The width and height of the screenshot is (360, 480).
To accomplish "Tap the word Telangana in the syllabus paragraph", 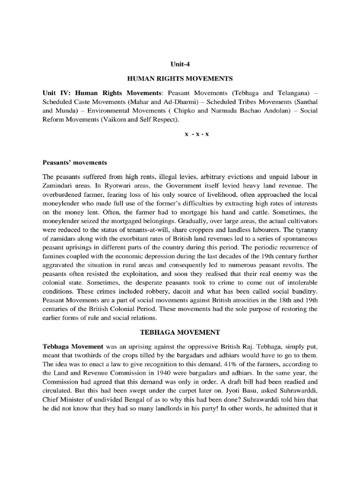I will tap(293, 93).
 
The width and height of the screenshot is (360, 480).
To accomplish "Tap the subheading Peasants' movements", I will tap(75, 163).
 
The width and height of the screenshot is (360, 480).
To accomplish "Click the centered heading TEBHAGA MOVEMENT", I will tap(180, 332).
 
